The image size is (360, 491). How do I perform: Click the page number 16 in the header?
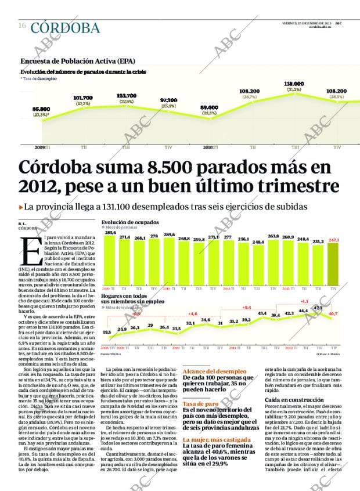[x=21, y=26]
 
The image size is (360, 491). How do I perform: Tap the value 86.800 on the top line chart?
[x=41, y=109]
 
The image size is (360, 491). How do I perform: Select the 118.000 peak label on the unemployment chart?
[x=294, y=84]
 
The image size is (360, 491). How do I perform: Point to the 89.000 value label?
[x=209, y=107]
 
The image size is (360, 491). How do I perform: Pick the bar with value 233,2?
[x=318, y=265]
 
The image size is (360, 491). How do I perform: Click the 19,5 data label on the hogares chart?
[x=107, y=332]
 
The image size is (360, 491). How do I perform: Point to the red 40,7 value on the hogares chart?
[x=333, y=313]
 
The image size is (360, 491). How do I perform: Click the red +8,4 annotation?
[x=246, y=307]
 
